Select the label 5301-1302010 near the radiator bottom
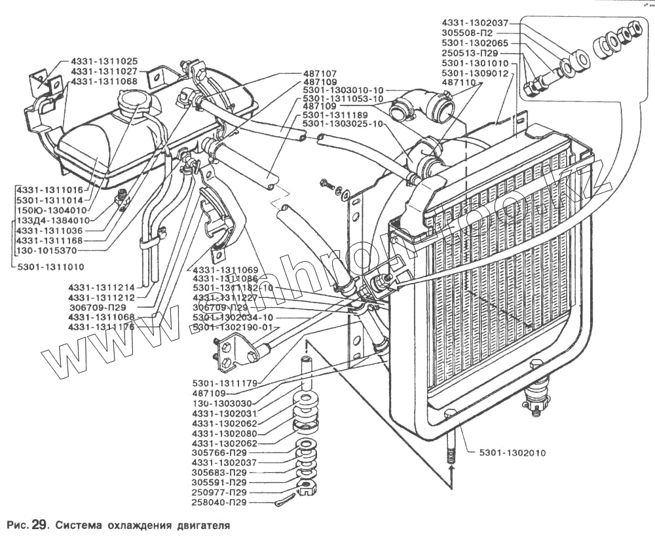pos(508,453)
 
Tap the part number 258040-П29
pos(219,503)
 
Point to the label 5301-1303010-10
pos(343,90)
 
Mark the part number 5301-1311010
pos(51,267)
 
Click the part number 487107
pos(320,74)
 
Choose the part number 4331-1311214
pos(102,287)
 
